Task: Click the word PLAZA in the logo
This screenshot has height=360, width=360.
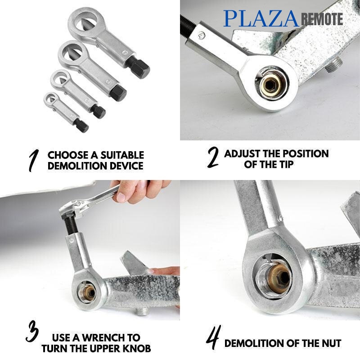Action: coord(261,18)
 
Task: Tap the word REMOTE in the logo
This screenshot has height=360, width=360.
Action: coord(322,19)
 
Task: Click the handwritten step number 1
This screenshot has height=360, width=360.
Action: coord(33,160)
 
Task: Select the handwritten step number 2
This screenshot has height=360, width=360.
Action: coord(212,157)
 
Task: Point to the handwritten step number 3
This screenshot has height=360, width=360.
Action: coord(32,331)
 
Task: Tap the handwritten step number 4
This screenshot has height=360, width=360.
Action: coord(213,337)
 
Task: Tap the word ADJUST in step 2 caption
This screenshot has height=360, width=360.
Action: coord(242,153)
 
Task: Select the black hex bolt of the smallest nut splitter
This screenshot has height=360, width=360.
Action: coord(81,126)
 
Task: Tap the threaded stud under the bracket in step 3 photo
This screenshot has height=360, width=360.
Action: coord(141,311)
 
